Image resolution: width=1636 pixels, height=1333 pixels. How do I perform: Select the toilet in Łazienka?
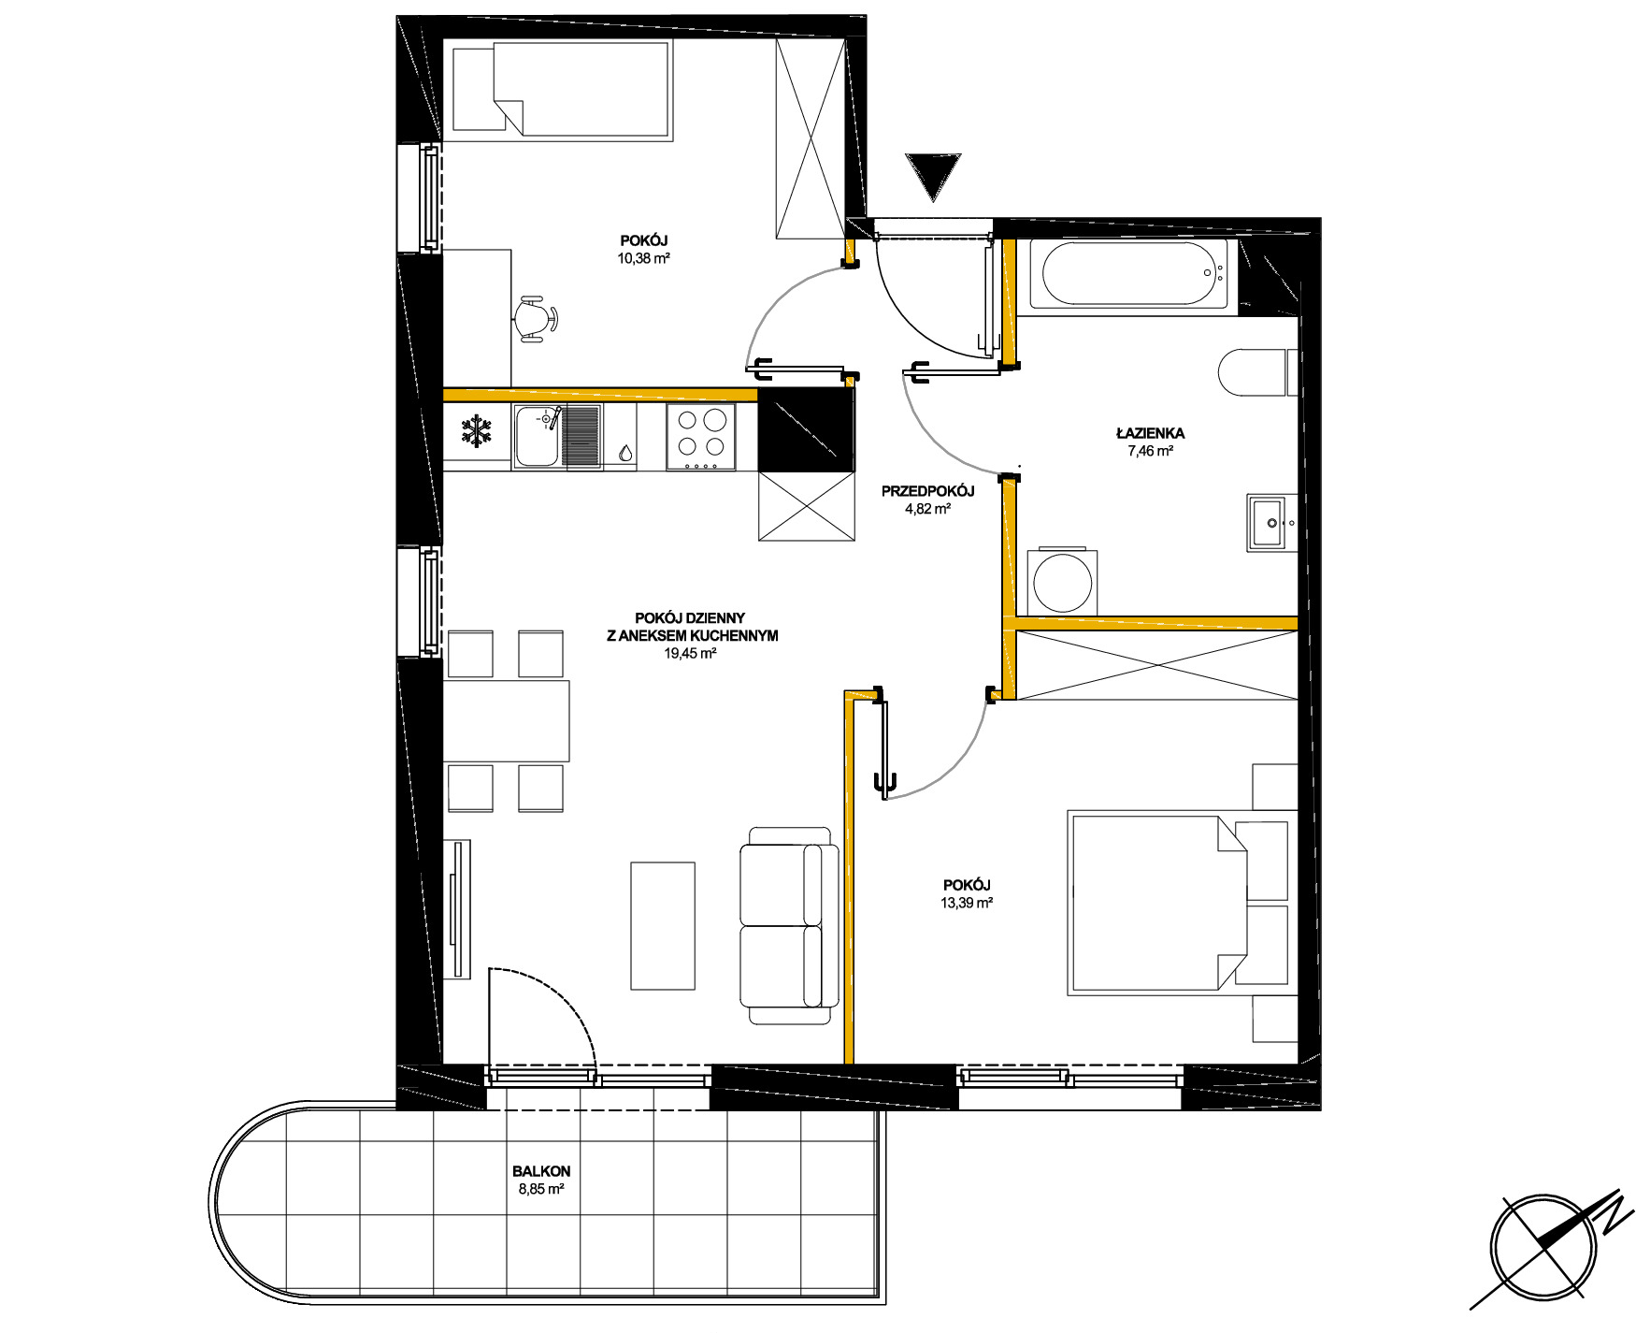1258,372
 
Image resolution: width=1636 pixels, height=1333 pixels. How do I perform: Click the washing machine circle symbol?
1062,581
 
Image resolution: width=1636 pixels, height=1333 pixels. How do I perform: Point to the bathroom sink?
1271,522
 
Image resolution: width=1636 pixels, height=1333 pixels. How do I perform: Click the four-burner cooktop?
701,437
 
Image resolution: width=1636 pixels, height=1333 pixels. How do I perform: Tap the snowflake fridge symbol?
477,431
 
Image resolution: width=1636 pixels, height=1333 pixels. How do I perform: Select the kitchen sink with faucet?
556,436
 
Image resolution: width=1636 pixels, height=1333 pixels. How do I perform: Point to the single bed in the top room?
561,90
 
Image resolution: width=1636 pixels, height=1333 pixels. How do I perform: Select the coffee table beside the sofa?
663,925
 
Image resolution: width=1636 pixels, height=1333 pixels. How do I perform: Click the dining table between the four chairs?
506,721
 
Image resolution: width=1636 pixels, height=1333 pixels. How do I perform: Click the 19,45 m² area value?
690,654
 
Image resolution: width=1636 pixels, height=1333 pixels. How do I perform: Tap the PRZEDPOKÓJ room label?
928,491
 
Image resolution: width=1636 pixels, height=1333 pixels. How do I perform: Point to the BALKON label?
541,1171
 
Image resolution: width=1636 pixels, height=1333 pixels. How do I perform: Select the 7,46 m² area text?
1151,451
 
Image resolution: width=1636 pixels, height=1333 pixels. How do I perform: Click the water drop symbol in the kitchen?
624,454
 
